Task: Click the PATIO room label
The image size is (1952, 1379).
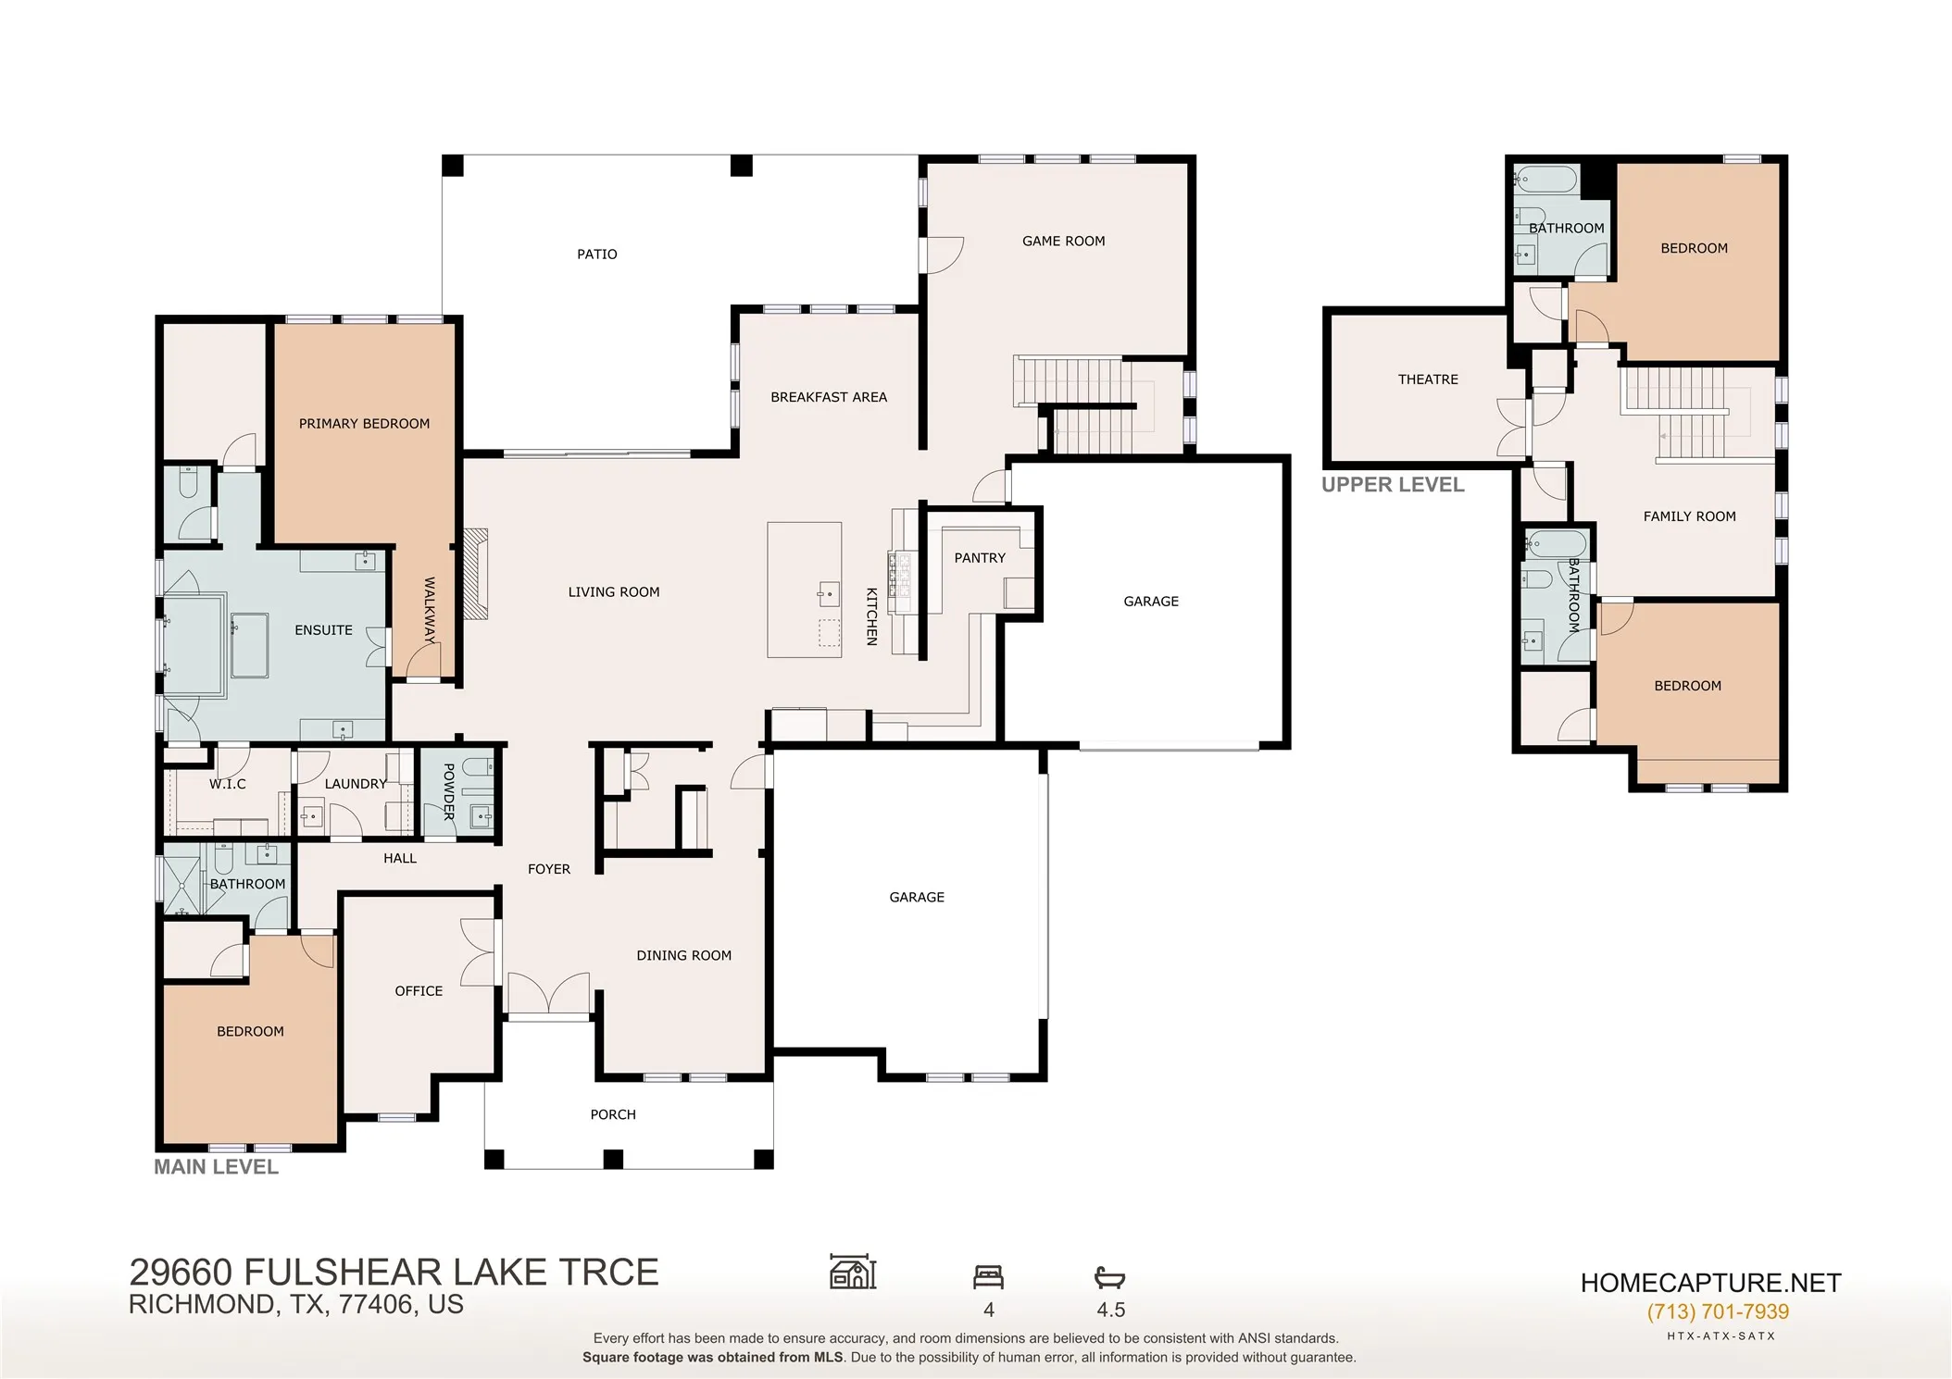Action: click(596, 255)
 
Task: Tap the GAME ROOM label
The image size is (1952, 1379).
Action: click(1063, 242)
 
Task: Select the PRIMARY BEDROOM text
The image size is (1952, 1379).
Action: click(364, 424)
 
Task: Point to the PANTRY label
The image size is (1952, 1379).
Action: click(980, 558)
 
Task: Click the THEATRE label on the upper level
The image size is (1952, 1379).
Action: click(1428, 379)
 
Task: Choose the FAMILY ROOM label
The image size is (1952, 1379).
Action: click(1689, 516)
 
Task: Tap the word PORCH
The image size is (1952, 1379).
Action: click(613, 1114)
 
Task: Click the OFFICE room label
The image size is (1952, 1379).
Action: click(419, 991)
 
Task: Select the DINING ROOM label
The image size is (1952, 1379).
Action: click(683, 956)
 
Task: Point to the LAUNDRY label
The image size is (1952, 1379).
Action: click(356, 784)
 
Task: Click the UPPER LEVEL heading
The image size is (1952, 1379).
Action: click(1393, 485)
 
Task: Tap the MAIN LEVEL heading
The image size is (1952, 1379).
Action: click(216, 1167)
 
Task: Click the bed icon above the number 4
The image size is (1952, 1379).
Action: click(988, 1277)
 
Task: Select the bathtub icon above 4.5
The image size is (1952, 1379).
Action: click(1109, 1278)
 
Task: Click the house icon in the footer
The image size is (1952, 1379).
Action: click(853, 1272)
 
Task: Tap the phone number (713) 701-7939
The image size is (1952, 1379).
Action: click(1718, 1311)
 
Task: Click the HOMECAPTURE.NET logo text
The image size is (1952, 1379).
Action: click(1710, 1283)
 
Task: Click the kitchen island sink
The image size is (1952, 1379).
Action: click(829, 592)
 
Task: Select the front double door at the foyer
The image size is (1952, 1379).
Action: click(548, 994)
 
